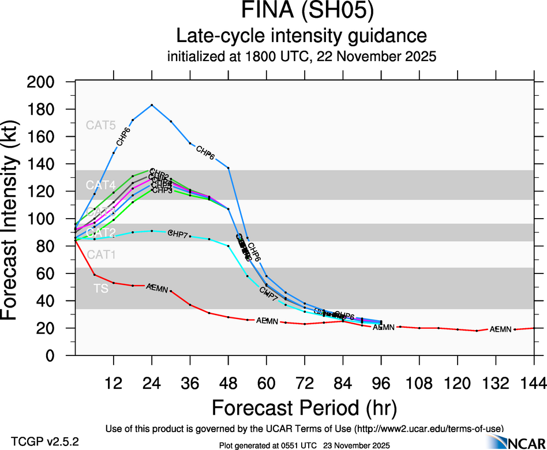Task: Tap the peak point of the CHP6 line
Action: click(152, 105)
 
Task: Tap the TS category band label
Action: click(100, 288)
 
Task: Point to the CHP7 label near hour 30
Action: click(178, 233)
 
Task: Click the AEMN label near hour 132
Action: click(500, 329)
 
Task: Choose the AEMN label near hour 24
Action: click(157, 287)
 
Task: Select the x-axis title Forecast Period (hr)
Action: click(304, 407)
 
